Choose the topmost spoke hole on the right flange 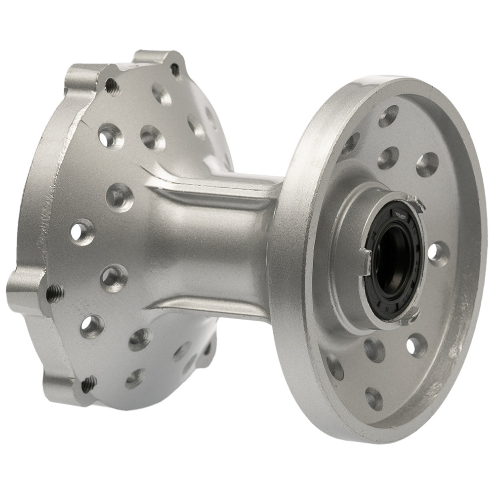coord(389,116)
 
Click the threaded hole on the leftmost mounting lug coord(55,294)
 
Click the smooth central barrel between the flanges coord(212,247)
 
